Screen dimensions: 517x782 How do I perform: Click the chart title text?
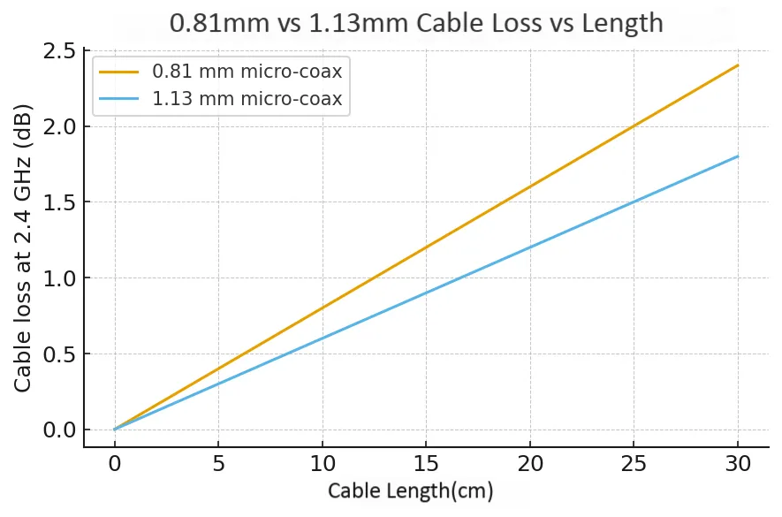pos(416,22)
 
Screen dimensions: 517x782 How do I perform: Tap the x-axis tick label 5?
pos(218,464)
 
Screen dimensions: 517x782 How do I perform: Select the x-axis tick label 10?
pos(323,464)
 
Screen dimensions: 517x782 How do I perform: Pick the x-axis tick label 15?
pos(426,464)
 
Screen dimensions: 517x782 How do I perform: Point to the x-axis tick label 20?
pos(530,464)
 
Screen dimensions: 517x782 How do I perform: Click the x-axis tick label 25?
pos(634,464)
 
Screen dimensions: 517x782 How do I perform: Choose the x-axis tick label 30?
pos(738,464)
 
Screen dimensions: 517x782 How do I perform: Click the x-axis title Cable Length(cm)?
pos(410,491)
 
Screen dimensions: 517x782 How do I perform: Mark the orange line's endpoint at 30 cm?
pos(738,65)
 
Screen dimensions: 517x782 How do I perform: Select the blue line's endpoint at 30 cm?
pos(738,156)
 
